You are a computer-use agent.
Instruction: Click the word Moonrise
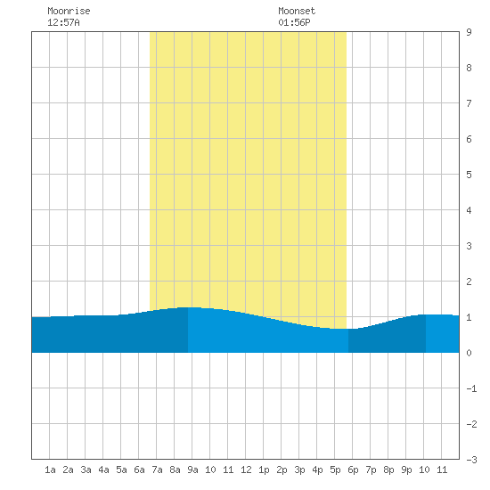tap(69, 11)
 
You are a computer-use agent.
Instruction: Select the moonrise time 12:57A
tap(63, 22)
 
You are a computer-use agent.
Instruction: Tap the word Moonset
tap(297, 11)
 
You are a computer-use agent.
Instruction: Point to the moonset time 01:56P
tap(294, 22)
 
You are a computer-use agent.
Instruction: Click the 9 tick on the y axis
tap(469, 32)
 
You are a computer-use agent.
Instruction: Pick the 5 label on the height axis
tap(469, 175)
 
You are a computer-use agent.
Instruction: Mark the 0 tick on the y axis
tap(469, 353)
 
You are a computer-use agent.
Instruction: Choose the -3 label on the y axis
tap(471, 460)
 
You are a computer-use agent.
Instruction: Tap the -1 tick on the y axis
tap(471, 388)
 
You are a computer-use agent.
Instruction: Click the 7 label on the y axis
tap(469, 103)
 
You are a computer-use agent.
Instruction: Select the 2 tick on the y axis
tap(469, 282)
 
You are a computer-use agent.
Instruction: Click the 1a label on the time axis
tap(50, 470)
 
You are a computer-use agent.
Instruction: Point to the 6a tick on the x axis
tap(139, 470)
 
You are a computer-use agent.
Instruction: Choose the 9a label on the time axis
tap(192, 470)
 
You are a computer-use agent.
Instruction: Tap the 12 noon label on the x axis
tap(246, 470)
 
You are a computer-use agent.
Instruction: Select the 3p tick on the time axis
tap(299, 470)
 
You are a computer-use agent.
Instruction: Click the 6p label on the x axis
tap(353, 470)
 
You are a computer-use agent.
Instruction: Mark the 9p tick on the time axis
tap(406, 470)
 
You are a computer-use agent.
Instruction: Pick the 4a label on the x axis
tap(103, 470)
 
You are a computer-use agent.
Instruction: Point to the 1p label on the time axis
tap(264, 470)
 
